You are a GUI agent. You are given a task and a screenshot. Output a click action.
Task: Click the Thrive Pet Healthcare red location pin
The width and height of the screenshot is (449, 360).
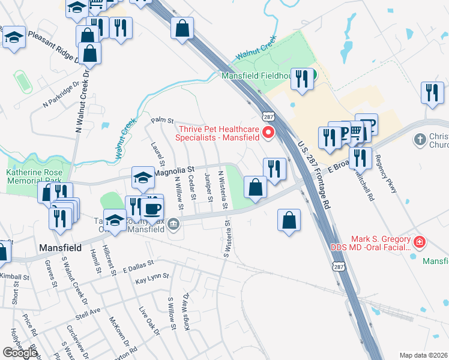coord(268,132)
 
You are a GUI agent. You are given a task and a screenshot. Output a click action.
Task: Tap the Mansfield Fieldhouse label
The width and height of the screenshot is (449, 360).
coord(257,76)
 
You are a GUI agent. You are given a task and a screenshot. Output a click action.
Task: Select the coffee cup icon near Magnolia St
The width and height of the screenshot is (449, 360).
coord(152,209)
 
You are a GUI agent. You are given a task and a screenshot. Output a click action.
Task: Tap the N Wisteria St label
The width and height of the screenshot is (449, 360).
coord(223,190)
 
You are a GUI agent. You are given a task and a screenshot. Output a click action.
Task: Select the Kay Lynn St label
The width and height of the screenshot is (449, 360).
coord(150,280)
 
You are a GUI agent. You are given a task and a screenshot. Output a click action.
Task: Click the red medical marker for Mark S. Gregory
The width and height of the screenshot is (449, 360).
coord(420,242)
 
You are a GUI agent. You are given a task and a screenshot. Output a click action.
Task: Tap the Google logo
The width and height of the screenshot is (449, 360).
coord(19,352)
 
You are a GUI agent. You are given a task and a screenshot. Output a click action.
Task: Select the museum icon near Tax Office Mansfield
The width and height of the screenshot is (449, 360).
coord(174,225)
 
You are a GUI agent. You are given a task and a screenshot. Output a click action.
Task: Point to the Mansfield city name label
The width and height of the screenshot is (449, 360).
coord(59,247)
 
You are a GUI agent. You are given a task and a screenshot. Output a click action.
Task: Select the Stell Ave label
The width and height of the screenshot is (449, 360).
coord(88,315)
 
